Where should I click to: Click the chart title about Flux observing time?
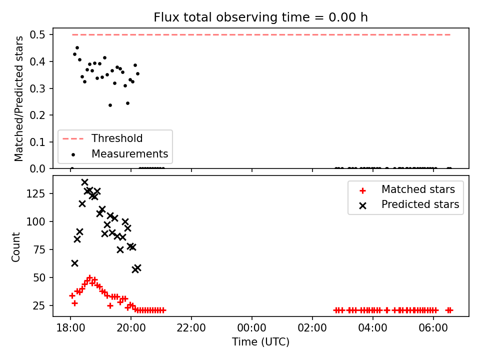(x=260, y=17)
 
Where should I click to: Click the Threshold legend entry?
(x=102, y=138)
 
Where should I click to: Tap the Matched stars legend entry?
(x=407, y=189)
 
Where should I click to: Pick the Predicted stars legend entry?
(x=409, y=204)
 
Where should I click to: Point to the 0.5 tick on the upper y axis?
(x=37, y=34)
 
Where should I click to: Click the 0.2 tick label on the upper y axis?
(x=37, y=115)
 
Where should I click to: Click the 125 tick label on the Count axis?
(x=36, y=193)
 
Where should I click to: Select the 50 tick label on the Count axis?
(x=39, y=277)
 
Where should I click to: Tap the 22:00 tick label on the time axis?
(x=191, y=328)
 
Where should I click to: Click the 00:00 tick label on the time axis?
(x=252, y=328)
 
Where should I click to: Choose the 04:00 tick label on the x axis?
(x=372, y=328)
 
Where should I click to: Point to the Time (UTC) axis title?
(x=260, y=341)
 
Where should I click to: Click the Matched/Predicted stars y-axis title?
(x=19, y=98)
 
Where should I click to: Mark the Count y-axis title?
(x=16, y=247)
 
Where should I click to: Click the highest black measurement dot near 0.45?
(x=77, y=48)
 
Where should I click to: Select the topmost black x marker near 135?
(x=85, y=182)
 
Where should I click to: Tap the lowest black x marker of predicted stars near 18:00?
(x=74, y=263)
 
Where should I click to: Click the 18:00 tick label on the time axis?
(x=70, y=328)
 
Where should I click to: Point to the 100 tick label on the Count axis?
(x=36, y=221)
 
